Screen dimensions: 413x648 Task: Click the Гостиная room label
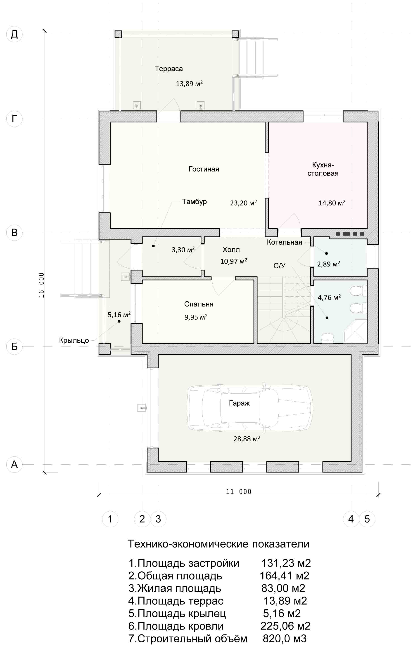point(204,169)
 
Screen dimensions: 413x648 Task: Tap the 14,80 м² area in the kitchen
point(332,203)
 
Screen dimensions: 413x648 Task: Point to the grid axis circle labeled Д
point(14,34)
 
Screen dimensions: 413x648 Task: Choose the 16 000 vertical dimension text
point(41,285)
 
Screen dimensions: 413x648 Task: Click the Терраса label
point(169,69)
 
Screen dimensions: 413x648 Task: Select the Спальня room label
point(199,304)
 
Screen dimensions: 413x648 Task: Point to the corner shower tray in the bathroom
point(355,331)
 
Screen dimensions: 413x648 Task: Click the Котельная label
point(285,242)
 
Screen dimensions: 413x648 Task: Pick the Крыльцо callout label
point(74,340)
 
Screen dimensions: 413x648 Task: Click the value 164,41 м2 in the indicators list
point(285,576)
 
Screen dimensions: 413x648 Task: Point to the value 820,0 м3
point(285,639)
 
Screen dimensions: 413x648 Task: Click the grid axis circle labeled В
point(14,232)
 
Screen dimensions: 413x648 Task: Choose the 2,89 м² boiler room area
point(328,264)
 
